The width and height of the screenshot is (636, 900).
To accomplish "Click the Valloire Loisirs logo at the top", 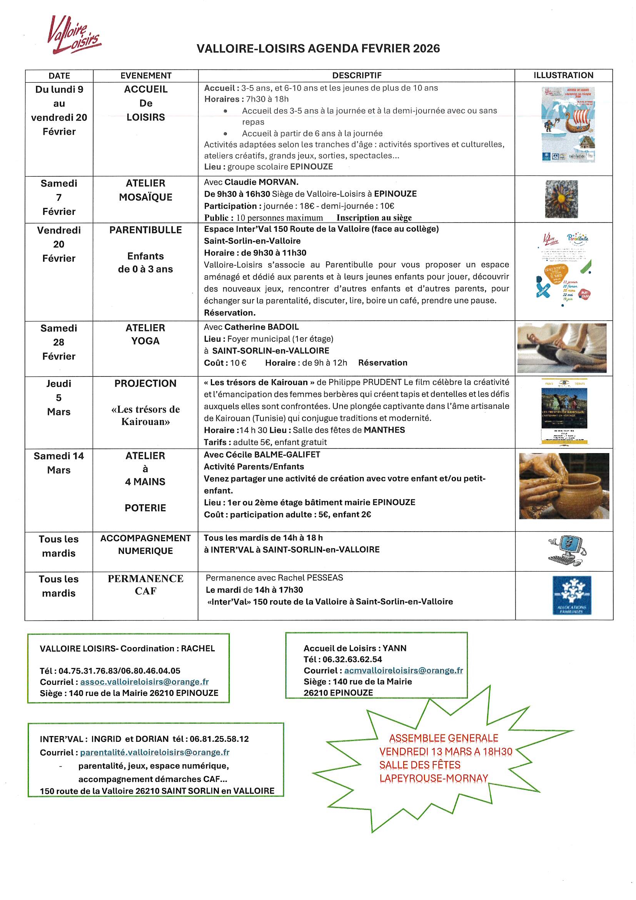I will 73,35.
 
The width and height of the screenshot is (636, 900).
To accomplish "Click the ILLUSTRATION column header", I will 563,75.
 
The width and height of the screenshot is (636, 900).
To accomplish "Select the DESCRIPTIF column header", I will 356,75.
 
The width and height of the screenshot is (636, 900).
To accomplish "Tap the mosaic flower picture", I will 561,199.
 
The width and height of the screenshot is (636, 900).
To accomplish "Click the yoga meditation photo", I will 561,348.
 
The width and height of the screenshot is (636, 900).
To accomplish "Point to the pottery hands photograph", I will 564,486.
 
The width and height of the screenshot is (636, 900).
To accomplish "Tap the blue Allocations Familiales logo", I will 571,595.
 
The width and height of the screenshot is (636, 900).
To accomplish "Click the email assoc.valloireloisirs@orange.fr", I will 144,682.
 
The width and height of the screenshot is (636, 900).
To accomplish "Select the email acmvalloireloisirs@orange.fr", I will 403,670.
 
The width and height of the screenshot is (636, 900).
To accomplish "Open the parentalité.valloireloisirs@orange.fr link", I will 154,752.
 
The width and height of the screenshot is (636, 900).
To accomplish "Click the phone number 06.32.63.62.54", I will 352,659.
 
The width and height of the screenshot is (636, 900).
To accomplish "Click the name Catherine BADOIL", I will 261,327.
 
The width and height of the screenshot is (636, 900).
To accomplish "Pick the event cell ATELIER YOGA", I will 145,335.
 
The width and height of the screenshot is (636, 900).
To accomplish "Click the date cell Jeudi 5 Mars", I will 59,398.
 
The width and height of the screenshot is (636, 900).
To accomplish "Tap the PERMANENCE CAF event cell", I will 145,585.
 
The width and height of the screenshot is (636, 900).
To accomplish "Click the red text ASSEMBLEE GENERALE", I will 443,738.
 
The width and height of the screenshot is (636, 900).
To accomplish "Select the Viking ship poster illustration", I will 568,125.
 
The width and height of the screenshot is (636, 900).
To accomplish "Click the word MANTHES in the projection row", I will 384,430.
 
